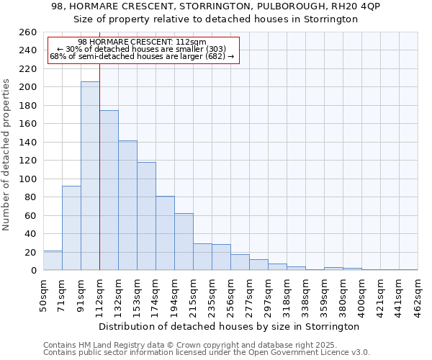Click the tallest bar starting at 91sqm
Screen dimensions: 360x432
click(x=90, y=176)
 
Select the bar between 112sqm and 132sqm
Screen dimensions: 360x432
click(x=109, y=190)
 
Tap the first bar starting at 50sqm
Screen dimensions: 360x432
click(x=53, y=261)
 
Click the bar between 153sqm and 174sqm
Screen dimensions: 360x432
click(x=146, y=216)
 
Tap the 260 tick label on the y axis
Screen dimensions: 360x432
click(x=27, y=32)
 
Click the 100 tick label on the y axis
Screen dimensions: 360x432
click(x=27, y=179)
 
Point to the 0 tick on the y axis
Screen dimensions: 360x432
click(x=33, y=271)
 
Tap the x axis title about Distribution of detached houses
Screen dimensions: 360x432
click(x=229, y=327)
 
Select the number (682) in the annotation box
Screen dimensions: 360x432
click(x=215, y=56)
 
